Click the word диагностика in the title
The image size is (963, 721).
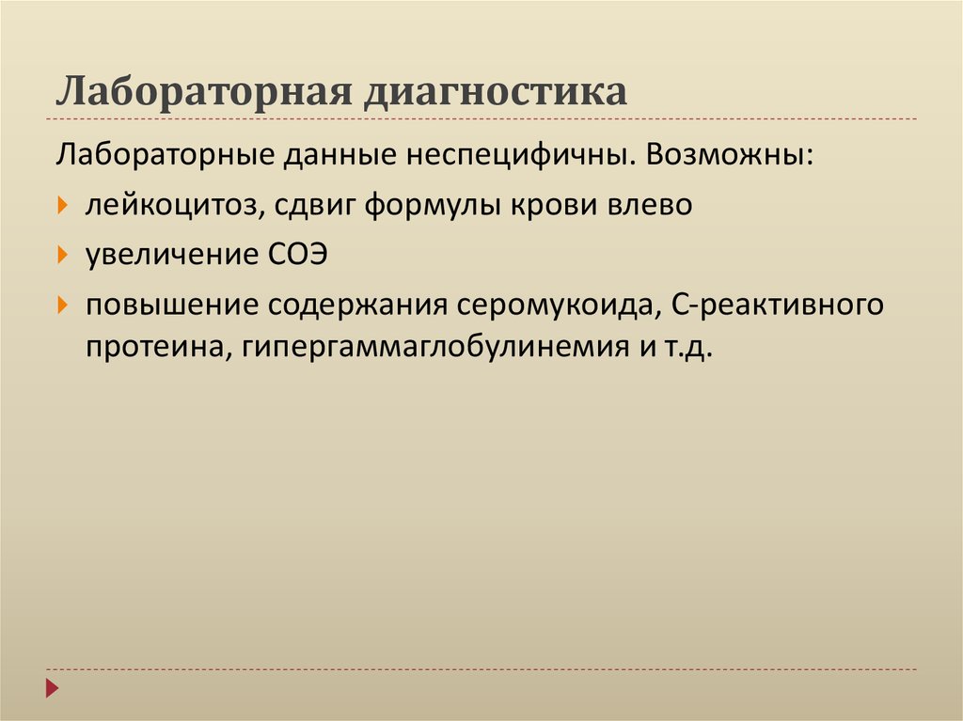496,93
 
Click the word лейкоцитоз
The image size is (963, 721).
175,204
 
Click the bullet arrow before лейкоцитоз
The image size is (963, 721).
62,204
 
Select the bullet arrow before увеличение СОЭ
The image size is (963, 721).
62,255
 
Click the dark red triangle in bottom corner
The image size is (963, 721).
54,688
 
